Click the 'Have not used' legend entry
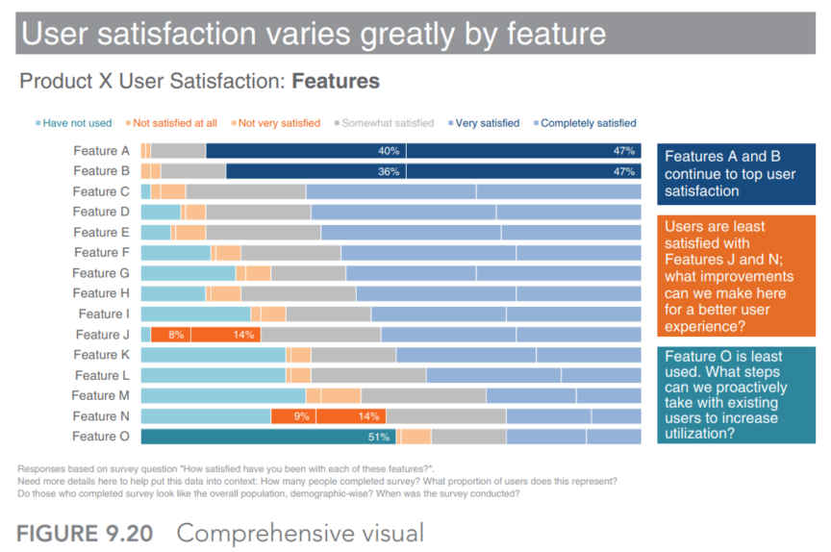click(74, 123)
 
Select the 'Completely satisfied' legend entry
click(585, 123)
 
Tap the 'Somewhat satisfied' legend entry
click(384, 123)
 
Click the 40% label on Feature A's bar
click(389, 151)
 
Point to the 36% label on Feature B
click(389, 171)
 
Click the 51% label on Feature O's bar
click(378, 437)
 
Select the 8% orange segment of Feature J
click(170, 335)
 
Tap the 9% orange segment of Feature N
click(293, 416)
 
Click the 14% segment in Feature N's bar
click(351, 416)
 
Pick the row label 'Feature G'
click(101, 273)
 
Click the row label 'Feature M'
click(101, 395)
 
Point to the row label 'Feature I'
click(104, 314)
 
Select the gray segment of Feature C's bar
click(246, 191)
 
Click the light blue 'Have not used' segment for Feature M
click(224, 395)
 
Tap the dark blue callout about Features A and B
click(736, 174)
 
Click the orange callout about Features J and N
click(736, 276)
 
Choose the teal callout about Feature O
click(736, 395)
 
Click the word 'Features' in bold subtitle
click(336, 82)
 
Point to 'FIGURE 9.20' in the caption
click(85, 534)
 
